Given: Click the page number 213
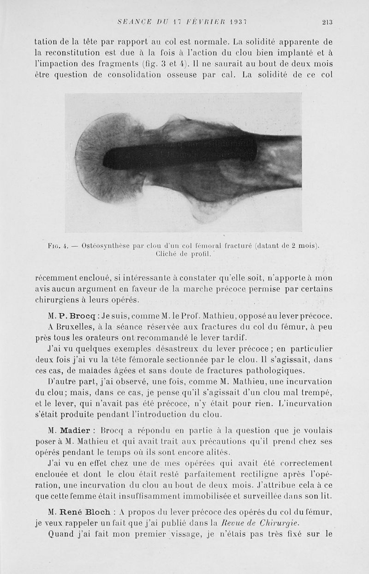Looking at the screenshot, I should pos(327,21).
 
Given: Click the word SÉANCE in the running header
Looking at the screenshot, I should pos(133,21).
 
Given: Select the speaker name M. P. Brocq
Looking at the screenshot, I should pos(75,316).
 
